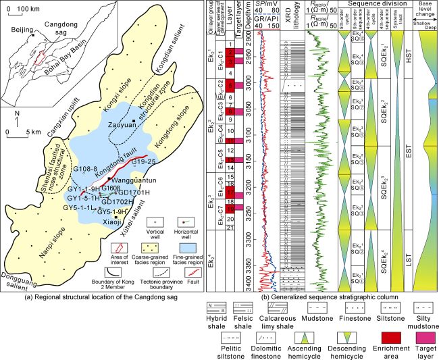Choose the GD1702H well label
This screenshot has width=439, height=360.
[x=117, y=201]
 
